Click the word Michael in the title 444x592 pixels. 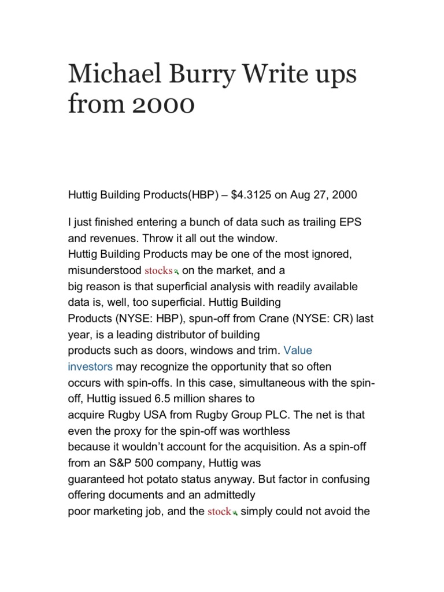pyautogui.click(x=108, y=76)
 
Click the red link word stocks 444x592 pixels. pyautogui.click(x=158, y=271)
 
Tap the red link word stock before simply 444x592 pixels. pyautogui.click(x=219, y=512)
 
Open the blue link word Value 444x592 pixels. pyautogui.click(x=298, y=350)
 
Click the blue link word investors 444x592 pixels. pyautogui.click(x=90, y=367)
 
